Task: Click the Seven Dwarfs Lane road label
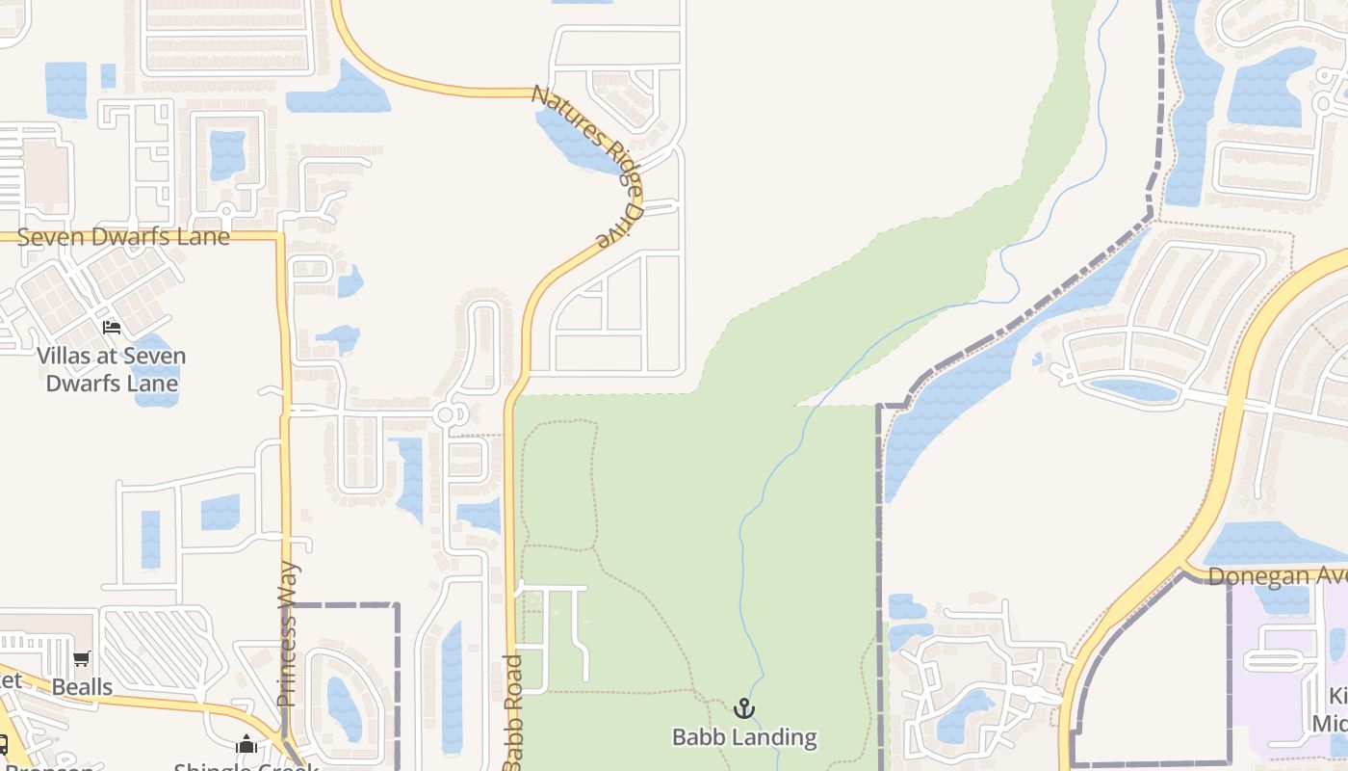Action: click(123, 236)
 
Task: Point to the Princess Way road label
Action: click(288, 634)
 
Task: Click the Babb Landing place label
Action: click(744, 737)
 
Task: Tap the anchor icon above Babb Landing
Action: click(743, 709)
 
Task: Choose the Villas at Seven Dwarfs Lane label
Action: click(112, 369)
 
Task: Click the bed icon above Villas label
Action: click(112, 328)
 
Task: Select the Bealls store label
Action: click(82, 687)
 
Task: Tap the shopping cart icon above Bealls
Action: click(82, 659)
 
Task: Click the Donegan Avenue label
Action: click(1277, 575)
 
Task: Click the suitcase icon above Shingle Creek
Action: click(246, 744)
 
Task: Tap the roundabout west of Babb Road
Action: click(445, 415)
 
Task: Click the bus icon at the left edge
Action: click(4, 744)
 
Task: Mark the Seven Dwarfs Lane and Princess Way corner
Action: click(281, 235)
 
